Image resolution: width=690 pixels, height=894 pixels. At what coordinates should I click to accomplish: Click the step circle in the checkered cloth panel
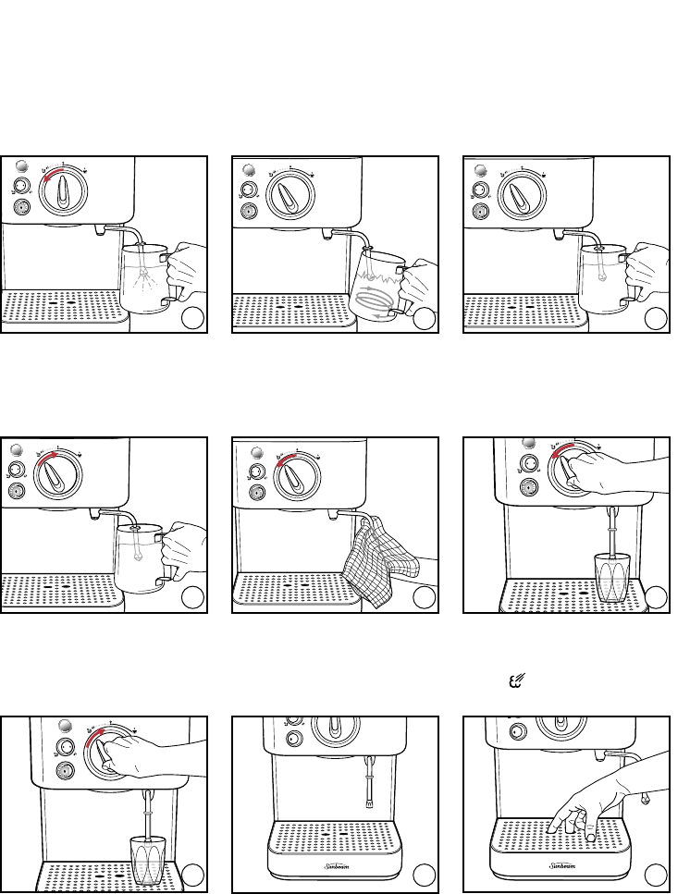tap(424, 598)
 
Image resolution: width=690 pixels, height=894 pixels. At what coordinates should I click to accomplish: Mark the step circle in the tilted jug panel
tap(424, 319)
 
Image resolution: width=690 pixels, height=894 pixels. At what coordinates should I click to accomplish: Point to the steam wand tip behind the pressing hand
tap(644, 794)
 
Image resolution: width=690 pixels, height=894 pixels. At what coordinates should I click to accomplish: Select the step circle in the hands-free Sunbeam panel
tap(424, 874)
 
